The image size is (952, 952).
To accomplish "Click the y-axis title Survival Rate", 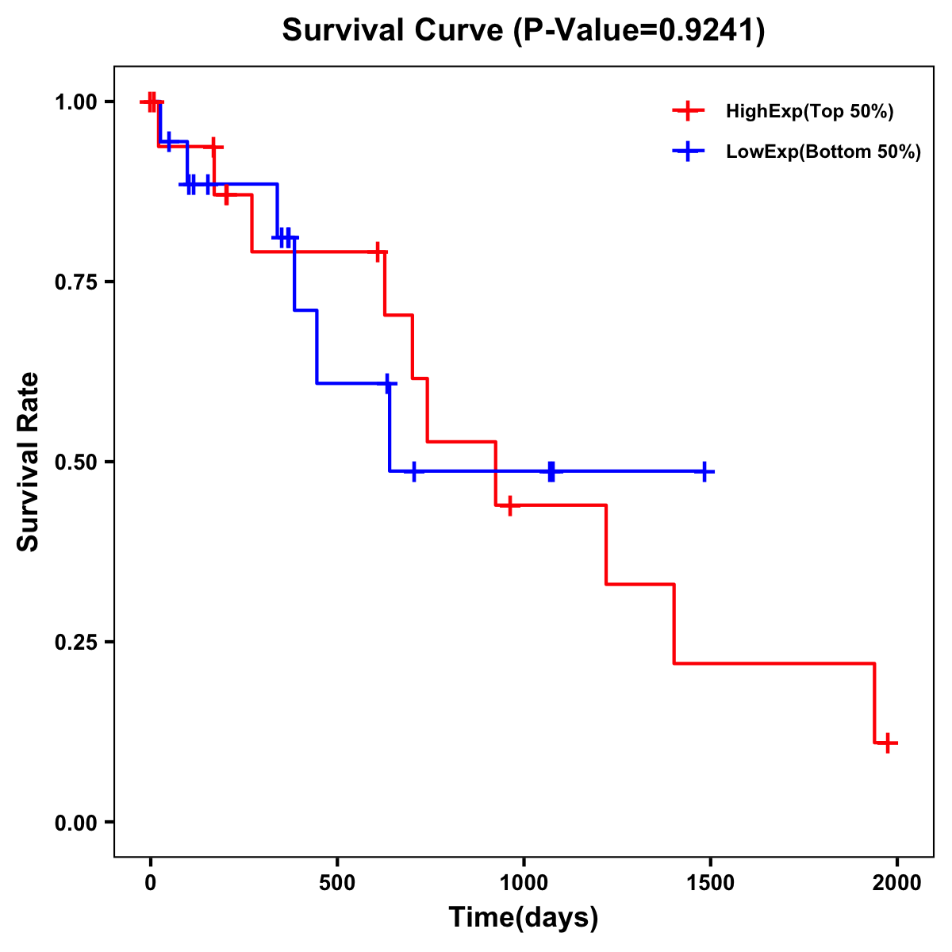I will click(29, 461).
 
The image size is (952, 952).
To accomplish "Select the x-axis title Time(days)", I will click(524, 917).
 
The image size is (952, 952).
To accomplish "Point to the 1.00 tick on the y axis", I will click(75, 102).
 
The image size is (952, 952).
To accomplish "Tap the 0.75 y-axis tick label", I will click(75, 282).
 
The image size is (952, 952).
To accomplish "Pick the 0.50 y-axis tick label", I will click(75, 462).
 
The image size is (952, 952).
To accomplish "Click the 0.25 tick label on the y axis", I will click(75, 642).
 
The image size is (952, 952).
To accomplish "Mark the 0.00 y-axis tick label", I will click(75, 822).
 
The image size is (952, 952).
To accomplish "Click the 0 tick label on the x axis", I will click(150, 883).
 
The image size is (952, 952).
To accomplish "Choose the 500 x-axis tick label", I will click(337, 883).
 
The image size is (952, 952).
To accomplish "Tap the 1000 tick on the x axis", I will click(524, 883).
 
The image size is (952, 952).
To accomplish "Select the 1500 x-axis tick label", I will click(711, 883).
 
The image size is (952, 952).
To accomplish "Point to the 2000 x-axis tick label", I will click(897, 883).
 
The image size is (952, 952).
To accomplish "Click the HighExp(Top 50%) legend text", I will click(810, 112).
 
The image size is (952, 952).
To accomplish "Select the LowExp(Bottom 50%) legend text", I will click(823, 152).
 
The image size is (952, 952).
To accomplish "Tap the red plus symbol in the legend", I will click(689, 112).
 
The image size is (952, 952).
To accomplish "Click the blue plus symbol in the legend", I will click(689, 152).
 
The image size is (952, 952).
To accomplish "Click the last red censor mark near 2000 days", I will click(889, 743).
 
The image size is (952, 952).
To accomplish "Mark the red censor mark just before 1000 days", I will click(510, 505).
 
